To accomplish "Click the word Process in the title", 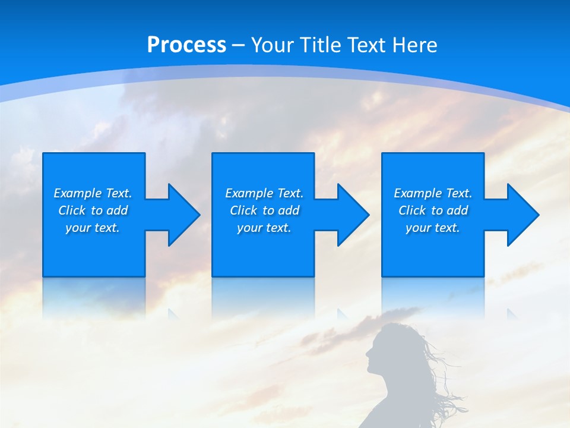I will click(x=186, y=45).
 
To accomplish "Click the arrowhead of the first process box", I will click(x=182, y=215).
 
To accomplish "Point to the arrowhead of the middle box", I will click(x=351, y=215).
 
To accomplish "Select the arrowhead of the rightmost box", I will click(x=521, y=215).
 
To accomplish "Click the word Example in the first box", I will click(x=77, y=193).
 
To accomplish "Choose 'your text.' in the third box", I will click(x=432, y=228).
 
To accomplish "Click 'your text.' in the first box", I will click(x=93, y=228).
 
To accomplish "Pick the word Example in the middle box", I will click(x=249, y=193).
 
